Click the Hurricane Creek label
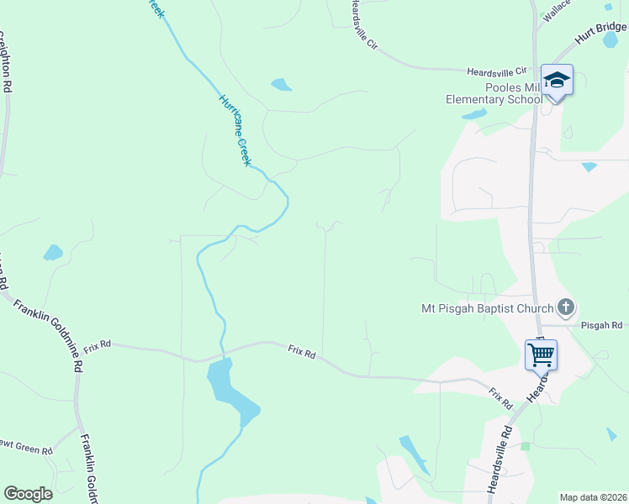point(235,129)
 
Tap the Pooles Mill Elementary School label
point(494,93)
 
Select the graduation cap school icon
point(556,81)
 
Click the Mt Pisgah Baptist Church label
point(487,308)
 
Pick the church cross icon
point(566,307)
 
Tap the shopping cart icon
point(541,354)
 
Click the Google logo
point(28,494)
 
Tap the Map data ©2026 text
point(593,497)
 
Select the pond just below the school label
point(474,113)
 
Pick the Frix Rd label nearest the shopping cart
point(500,398)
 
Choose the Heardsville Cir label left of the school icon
point(496,71)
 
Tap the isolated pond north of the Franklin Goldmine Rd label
point(53,252)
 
